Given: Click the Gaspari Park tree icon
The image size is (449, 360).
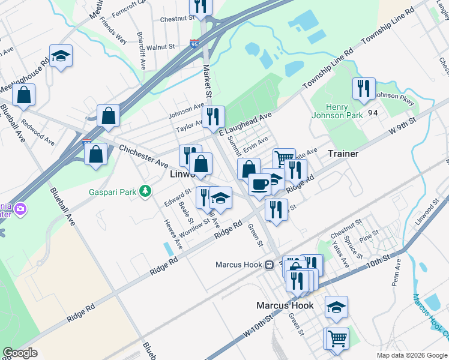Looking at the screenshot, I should point(145,191).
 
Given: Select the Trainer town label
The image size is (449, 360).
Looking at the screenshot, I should point(343,154).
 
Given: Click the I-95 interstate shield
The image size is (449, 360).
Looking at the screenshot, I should point(193,44).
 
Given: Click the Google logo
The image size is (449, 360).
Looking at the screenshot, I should point(20,352).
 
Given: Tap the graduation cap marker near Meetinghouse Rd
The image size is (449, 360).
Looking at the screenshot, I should point(61,56).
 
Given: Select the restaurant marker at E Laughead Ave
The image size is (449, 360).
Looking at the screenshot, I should point(212,116).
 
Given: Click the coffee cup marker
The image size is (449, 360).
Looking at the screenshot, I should point(259,184).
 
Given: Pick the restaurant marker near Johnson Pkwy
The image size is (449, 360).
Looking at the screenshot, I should point(364,89).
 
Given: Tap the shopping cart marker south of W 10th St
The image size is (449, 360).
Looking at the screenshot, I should point(337,338).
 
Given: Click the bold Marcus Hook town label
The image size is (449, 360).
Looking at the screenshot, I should point(285,305).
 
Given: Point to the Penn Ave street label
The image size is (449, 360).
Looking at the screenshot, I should point(395,275).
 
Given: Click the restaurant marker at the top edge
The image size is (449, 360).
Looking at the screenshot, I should point(200,6).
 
